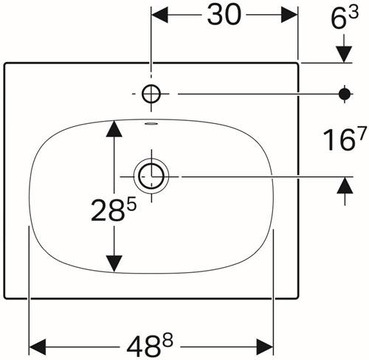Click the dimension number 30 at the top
point(224,15)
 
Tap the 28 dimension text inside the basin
point(107,210)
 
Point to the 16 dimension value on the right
point(339,140)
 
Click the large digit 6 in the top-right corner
point(338,19)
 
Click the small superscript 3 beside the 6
point(354,13)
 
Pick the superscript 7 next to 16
point(362,134)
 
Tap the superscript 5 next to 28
point(131,204)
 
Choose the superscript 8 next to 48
point(168,340)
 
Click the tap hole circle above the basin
point(151,85)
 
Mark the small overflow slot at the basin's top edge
point(151,123)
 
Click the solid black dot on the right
point(345,94)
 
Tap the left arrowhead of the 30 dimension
point(159,15)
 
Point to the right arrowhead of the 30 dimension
point(289,15)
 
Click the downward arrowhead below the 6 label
point(344,55)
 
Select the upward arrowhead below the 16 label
point(345,185)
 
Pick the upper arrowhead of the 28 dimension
point(114,128)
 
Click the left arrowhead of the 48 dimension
point(38,347)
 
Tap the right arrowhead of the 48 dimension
point(265,347)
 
